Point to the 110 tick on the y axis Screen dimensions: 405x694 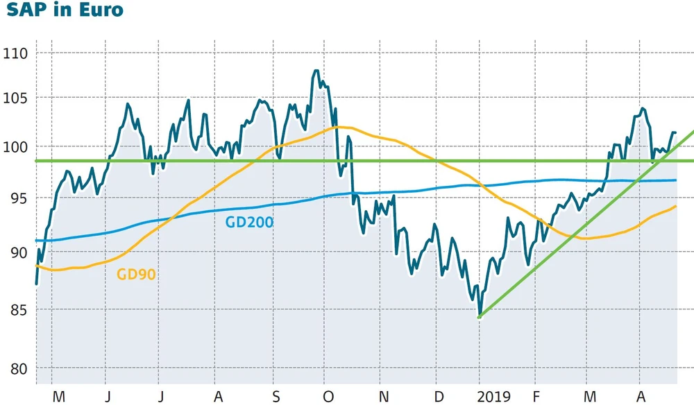[15, 53]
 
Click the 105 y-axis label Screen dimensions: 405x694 [15, 98]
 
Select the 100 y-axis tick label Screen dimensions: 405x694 [15, 148]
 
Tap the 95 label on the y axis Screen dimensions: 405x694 [17, 199]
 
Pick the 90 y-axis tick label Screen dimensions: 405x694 [17, 253]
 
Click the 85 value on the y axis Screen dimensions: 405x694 [17, 309]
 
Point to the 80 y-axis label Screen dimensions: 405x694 [17, 368]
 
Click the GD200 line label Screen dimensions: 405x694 [249, 223]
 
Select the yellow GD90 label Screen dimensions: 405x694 [136, 275]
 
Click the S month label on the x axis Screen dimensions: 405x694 [276, 397]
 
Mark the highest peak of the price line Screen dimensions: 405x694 [316, 71]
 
